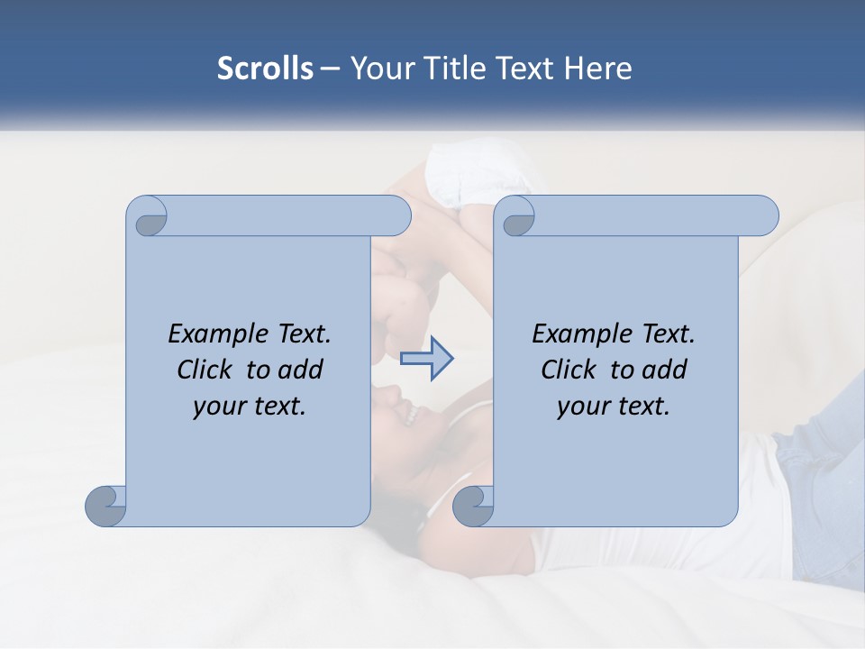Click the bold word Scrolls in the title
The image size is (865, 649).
click(265, 69)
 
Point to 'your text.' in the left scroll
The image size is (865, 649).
click(250, 407)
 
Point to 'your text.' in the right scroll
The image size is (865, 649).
click(614, 407)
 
